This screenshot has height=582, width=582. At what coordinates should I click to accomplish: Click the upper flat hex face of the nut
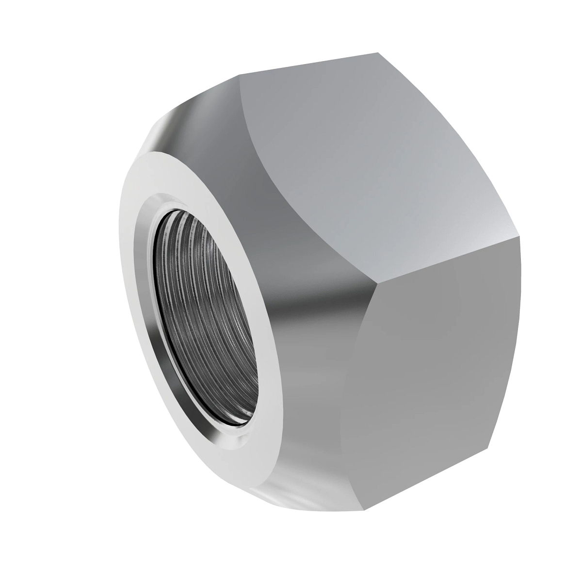tap(369, 160)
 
